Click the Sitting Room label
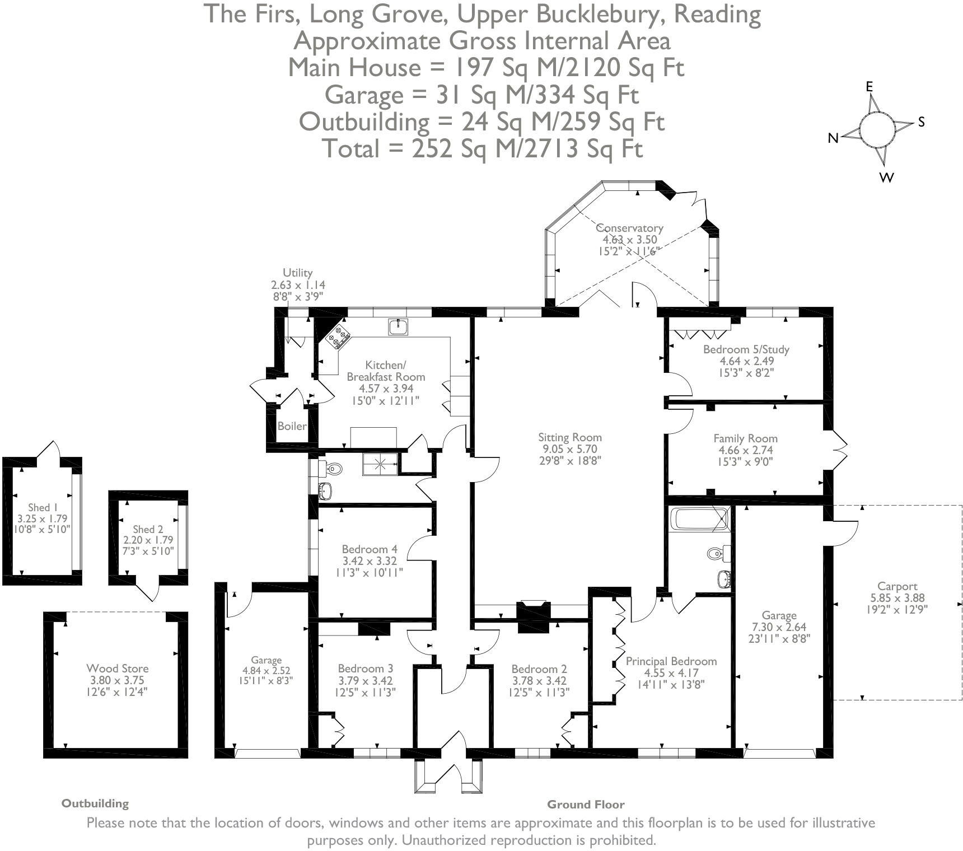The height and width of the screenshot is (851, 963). [x=569, y=437]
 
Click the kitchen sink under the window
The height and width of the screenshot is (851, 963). [x=398, y=327]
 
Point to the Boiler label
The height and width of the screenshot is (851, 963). [x=292, y=426]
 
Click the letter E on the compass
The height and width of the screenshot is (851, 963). [x=869, y=86]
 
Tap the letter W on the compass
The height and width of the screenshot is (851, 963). [x=886, y=177]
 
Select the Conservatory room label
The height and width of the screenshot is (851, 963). [x=629, y=228]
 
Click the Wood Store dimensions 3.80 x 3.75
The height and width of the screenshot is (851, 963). [x=118, y=680]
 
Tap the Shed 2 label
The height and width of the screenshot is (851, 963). [x=148, y=529]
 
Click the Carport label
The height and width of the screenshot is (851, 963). [x=897, y=586]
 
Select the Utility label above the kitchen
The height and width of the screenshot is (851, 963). [x=297, y=273]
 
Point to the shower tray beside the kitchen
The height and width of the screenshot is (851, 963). [x=380, y=464]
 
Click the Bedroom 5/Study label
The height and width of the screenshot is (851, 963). [x=746, y=349]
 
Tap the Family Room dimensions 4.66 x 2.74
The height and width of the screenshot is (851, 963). [x=745, y=450]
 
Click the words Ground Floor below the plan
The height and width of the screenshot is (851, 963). [x=585, y=805]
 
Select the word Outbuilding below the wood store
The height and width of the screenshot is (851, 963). [x=95, y=803]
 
